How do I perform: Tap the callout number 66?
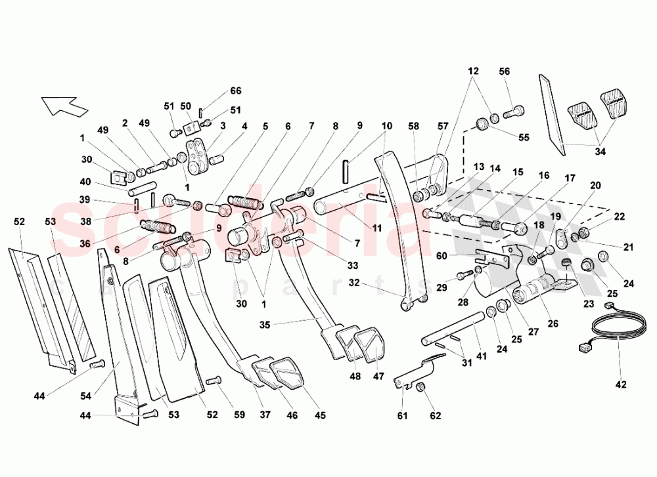[236, 91]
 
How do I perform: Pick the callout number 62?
[436, 415]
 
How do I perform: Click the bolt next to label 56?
[514, 112]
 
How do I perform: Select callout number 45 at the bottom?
[320, 415]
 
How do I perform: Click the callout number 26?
[553, 323]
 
